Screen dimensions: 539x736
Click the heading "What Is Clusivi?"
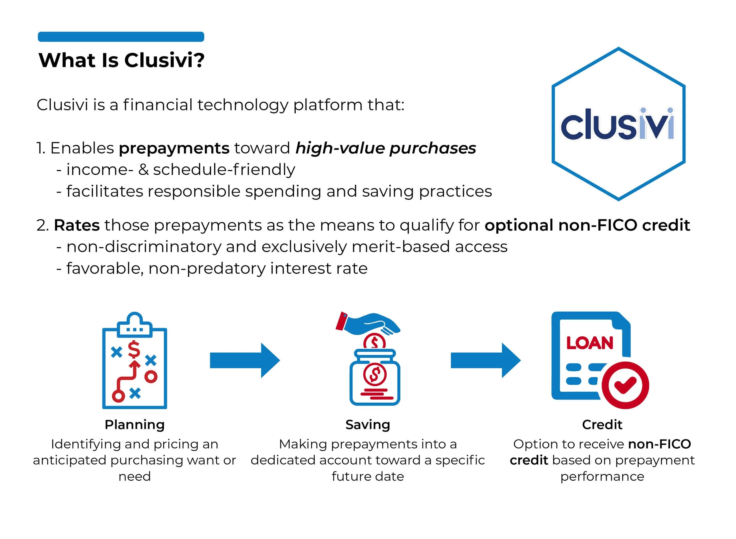pyautogui.click(x=121, y=60)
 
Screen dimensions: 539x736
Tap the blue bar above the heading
pyautogui.click(x=121, y=37)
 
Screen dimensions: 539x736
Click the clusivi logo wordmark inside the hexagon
pyautogui.click(x=617, y=125)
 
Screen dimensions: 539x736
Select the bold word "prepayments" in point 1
pyautogui.click(x=174, y=148)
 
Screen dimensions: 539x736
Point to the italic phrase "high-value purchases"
pyautogui.click(x=385, y=148)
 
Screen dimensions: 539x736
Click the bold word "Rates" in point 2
pyautogui.click(x=77, y=225)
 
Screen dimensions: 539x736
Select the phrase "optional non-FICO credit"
pyautogui.click(x=587, y=225)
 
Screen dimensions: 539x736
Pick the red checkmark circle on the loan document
pyautogui.click(x=625, y=385)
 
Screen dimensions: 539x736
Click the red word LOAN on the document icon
pyautogui.click(x=590, y=343)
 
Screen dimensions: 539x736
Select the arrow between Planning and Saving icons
pyautogui.click(x=245, y=361)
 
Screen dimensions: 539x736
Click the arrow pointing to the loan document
pyautogui.click(x=485, y=361)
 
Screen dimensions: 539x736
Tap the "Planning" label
pyautogui.click(x=134, y=425)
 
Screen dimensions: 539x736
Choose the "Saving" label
pyautogui.click(x=367, y=425)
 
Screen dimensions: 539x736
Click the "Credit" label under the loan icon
pyautogui.click(x=602, y=425)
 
